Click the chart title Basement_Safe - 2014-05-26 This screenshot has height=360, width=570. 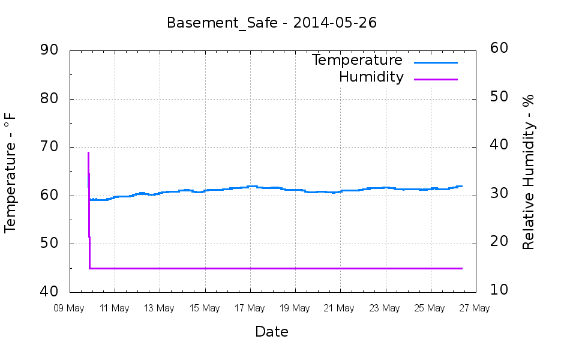coord(271,23)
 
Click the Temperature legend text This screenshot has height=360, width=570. coord(357,60)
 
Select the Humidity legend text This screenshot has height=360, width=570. coord(371,77)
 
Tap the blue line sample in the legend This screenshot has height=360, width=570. coord(436,62)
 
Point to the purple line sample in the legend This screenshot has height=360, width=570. coord(436,79)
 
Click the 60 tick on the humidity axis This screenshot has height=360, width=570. coord(500,49)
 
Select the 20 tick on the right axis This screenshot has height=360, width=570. coord(500,242)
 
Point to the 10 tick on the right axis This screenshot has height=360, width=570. coord(500,290)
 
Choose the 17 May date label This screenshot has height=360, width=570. coord(250,308)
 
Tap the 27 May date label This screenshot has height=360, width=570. coord(475,308)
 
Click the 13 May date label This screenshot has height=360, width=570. coord(159,308)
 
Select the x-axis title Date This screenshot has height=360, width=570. coord(272,331)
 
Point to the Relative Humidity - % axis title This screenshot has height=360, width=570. coord(529,172)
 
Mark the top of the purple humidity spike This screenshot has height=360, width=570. coord(88,152)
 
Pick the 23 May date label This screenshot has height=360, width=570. coord(385,308)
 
